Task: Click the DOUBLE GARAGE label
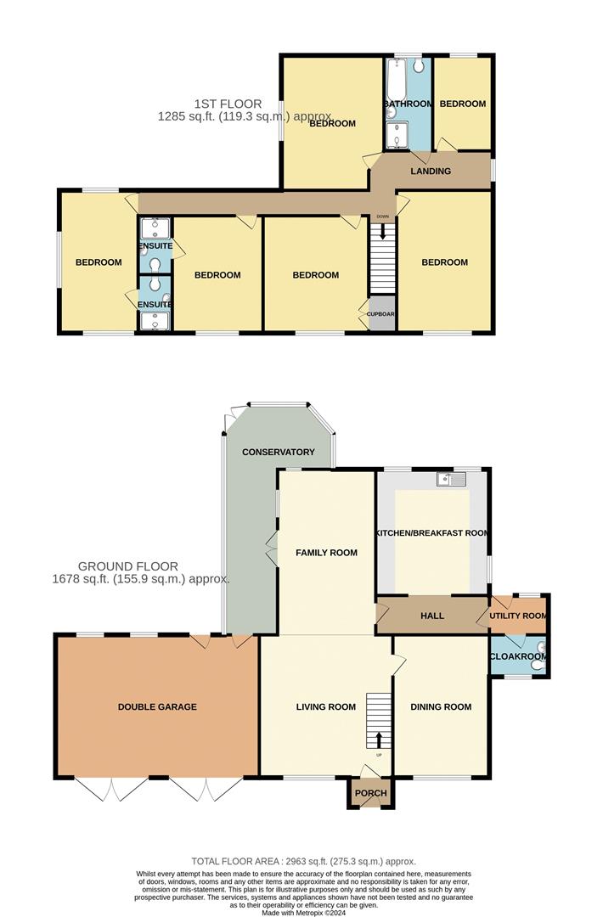(157, 706)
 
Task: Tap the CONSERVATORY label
(279, 452)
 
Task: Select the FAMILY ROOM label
(326, 553)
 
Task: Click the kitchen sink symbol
(452, 481)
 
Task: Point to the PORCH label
(370, 794)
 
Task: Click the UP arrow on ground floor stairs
(379, 739)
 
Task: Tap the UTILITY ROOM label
(518, 616)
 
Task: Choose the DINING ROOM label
(441, 706)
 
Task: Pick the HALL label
(433, 616)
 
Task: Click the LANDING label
(431, 171)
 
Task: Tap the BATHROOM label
(409, 104)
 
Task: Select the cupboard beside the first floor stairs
(381, 313)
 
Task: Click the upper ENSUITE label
(155, 246)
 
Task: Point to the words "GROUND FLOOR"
(128, 566)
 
